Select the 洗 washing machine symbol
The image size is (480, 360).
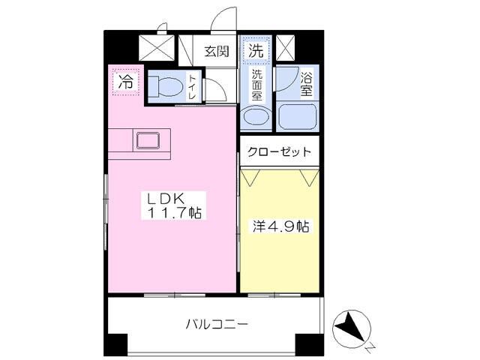(x=256, y=52)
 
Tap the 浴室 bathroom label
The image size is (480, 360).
(x=306, y=84)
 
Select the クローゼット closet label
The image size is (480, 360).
(x=280, y=151)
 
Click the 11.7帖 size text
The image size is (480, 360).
(x=174, y=213)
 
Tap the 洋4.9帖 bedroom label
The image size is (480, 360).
(x=279, y=225)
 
